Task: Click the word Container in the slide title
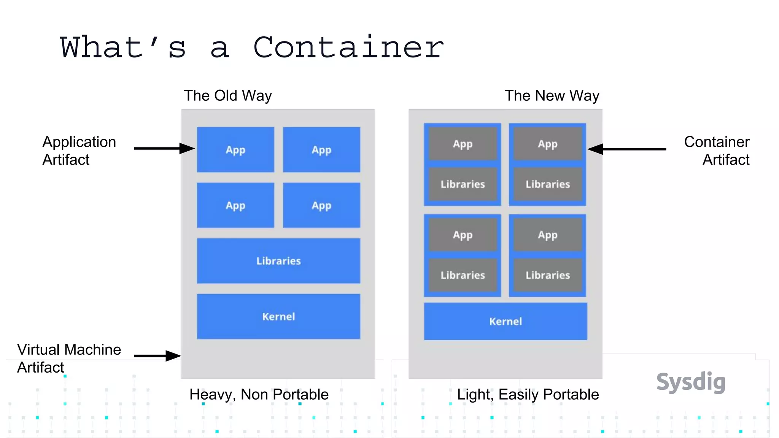click(348, 48)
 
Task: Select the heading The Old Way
click(228, 95)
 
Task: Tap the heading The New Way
click(552, 95)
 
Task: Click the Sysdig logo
click(691, 382)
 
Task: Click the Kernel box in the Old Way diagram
click(278, 316)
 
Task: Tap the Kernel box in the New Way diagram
click(506, 321)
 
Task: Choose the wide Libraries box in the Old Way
click(278, 261)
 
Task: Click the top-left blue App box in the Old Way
click(235, 150)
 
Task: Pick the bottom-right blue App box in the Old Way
click(321, 205)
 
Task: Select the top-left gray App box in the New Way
click(463, 144)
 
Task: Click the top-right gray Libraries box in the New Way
click(548, 184)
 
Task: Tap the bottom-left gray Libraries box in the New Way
click(463, 275)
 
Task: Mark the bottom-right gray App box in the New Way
click(548, 235)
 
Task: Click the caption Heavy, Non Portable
click(259, 394)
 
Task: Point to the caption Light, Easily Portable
click(528, 394)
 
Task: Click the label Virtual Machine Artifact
click(68, 358)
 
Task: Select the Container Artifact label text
click(717, 151)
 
